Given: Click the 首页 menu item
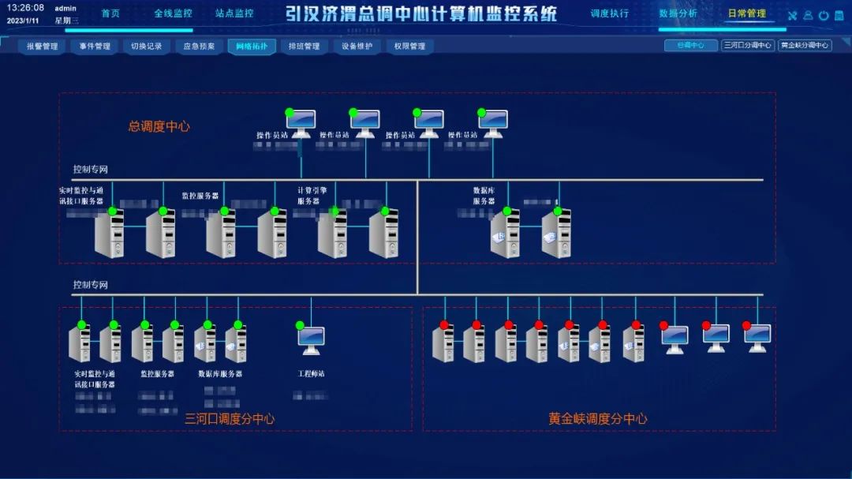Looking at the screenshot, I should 110,13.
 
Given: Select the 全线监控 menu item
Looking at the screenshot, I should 173,13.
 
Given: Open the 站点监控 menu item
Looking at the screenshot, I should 234,13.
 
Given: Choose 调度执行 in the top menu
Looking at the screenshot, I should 610,13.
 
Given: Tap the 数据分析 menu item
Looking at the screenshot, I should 678,13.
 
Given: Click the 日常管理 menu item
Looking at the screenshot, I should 746,13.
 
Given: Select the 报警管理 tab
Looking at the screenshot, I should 43,47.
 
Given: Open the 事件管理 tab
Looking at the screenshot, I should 95,47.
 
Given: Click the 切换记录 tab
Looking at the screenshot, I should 147,47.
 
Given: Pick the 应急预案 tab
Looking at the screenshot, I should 199,47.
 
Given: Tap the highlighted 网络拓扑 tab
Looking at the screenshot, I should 252,47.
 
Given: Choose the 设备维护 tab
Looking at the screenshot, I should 357,47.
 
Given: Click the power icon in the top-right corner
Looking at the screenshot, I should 824,16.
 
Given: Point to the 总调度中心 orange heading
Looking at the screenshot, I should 159,126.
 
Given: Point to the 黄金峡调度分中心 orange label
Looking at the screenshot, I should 597,418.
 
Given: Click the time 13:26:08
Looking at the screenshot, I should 25,8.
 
